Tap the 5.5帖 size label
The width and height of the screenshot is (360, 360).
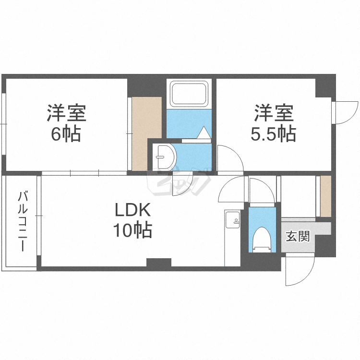(x=273, y=134)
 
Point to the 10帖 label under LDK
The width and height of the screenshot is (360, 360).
(x=132, y=231)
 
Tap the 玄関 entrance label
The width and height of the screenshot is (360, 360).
(x=298, y=237)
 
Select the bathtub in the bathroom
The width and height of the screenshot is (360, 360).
(x=189, y=94)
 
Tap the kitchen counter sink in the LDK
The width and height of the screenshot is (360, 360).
(x=233, y=220)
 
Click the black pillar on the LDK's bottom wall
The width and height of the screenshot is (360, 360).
(x=159, y=263)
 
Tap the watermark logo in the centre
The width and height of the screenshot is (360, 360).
(x=180, y=181)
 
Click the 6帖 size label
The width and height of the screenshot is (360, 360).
(x=66, y=134)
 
